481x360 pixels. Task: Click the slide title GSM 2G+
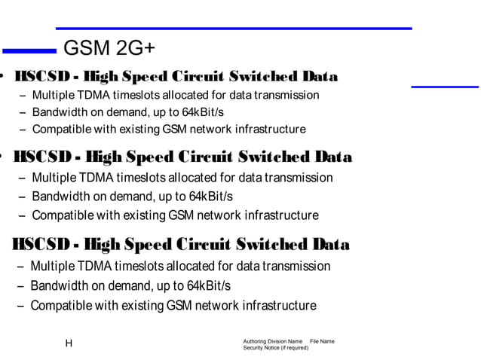109,50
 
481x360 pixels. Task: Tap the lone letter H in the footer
69,343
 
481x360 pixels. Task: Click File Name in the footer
322,342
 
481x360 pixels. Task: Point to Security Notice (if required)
275,348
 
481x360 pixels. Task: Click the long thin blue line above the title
234,29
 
